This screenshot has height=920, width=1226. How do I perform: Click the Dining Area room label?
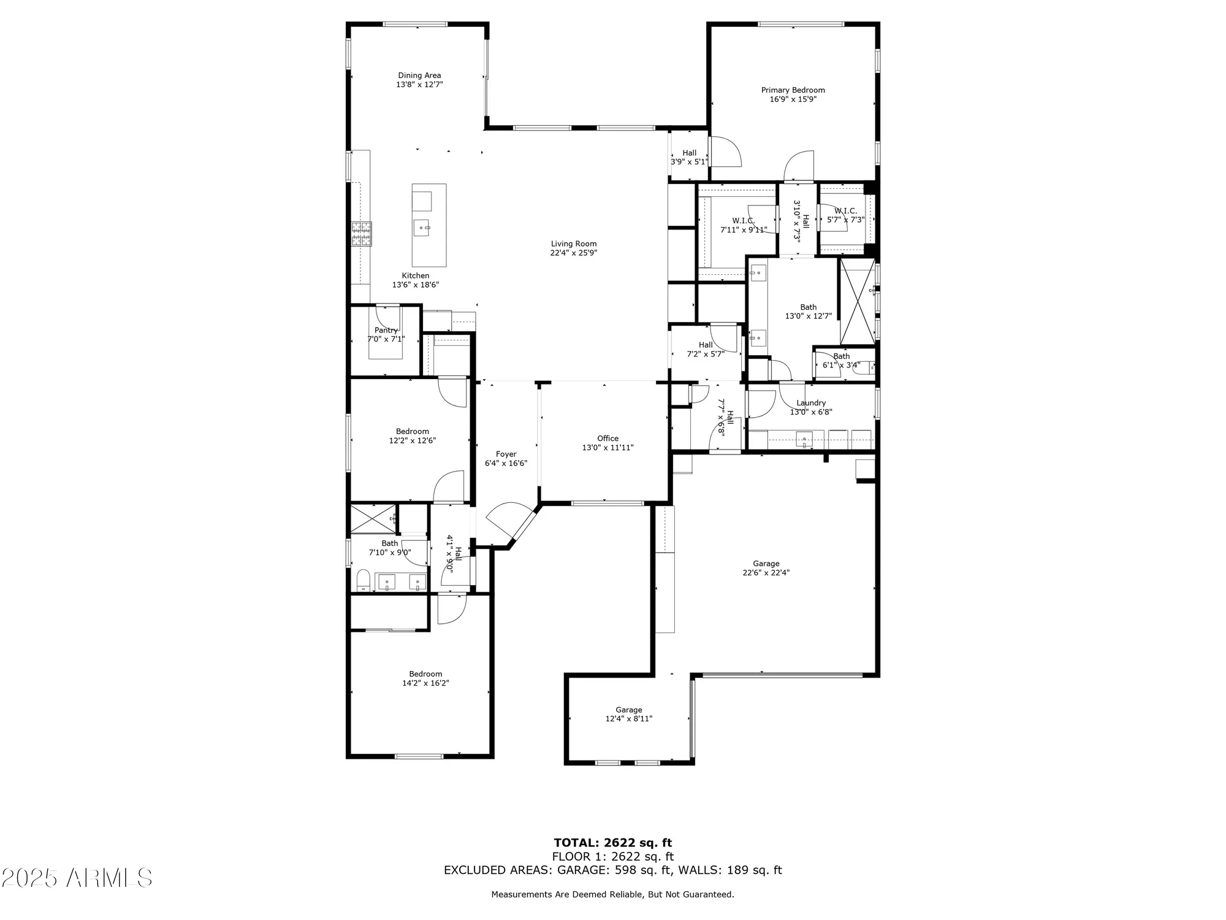tap(419, 75)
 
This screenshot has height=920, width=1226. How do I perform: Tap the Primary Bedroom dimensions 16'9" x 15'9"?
tap(793, 99)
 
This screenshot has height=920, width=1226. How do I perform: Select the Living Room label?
tap(573, 243)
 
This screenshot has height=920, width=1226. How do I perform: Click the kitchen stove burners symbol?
tap(361, 234)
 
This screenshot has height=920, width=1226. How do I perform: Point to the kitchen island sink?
tap(423, 228)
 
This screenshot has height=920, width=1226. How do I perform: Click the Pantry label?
tap(386, 330)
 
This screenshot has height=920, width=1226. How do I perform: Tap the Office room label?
tap(607, 438)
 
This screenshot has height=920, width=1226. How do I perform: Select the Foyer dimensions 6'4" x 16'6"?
tap(506, 464)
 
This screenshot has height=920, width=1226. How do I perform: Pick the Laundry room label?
tap(811, 403)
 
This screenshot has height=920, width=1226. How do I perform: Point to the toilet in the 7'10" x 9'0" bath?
tap(363, 580)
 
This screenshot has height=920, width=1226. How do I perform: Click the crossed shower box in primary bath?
tap(858, 301)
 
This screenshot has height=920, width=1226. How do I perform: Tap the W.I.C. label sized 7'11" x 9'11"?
tap(743, 221)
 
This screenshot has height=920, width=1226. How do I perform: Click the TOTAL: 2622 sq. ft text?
tap(612, 843)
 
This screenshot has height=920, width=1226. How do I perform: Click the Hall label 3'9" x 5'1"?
tap(689, 153)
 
